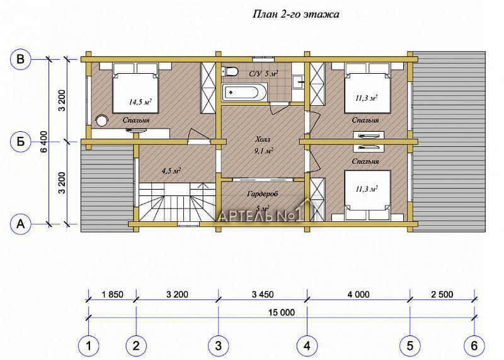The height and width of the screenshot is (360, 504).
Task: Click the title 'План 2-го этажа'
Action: (296, 15)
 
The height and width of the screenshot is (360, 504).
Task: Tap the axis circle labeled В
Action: (21, 59)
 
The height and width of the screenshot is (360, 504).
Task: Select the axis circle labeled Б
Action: (21, 142)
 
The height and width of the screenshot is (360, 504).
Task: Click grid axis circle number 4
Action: (307, 346)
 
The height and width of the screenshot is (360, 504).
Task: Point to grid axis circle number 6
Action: (474, 346)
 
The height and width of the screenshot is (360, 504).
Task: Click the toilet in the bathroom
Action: (229, 71)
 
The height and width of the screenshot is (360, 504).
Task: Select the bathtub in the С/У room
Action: (244, 92)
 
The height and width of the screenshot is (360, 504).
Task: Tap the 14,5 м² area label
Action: (140, 102)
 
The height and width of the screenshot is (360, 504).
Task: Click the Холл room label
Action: (263, 140)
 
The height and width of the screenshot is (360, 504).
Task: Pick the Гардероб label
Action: (263, 194)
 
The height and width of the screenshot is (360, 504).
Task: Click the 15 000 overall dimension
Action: (282, 312)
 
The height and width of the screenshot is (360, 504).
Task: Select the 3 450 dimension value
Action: (263, 294)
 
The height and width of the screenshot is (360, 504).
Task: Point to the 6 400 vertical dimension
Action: (44, 142)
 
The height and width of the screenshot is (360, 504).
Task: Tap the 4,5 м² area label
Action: (171, 170)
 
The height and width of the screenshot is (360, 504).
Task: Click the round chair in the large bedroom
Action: (102, 121)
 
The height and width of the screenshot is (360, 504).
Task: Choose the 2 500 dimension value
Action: (442, 294)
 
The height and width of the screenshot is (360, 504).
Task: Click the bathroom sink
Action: (299, 82)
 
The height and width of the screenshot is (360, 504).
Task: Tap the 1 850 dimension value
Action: (112, 294)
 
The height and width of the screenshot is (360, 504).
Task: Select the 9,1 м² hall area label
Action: (263, 151)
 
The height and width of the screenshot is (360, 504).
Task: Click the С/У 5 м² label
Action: (263, 74)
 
